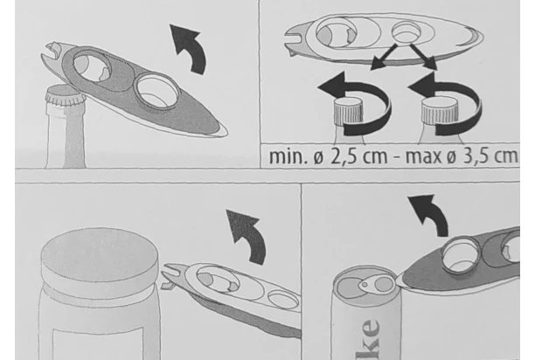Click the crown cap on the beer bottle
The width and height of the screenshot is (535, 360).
66,95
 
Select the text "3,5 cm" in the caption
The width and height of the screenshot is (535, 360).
490,156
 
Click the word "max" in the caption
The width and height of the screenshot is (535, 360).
424,156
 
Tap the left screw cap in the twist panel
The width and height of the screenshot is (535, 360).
348,111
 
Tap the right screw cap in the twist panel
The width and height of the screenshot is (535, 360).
439,111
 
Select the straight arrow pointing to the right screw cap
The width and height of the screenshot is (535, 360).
423,57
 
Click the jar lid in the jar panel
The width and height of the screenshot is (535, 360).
100,260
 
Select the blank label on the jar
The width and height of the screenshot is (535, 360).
98,343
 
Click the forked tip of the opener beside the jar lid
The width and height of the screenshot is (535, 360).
170,276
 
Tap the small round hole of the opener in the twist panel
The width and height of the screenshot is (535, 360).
406,31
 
